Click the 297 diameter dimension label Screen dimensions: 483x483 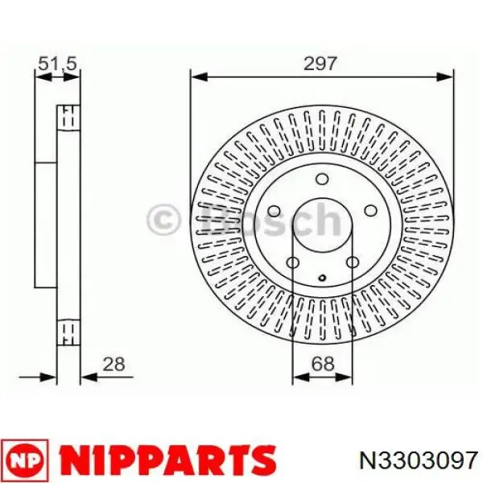(x=320, y=64)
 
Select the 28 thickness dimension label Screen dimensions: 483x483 (x=115, y=364)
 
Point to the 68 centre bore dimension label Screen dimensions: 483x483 (x=323, y=364)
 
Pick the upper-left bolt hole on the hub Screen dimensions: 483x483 (x=274, y=211)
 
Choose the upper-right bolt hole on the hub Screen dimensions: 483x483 (x=369, y=211)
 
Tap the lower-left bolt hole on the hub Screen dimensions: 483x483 (x=293, y=265)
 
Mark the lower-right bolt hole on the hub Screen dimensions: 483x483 (x=352, y=265)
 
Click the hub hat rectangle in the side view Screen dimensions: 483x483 (x=46, y=224)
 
